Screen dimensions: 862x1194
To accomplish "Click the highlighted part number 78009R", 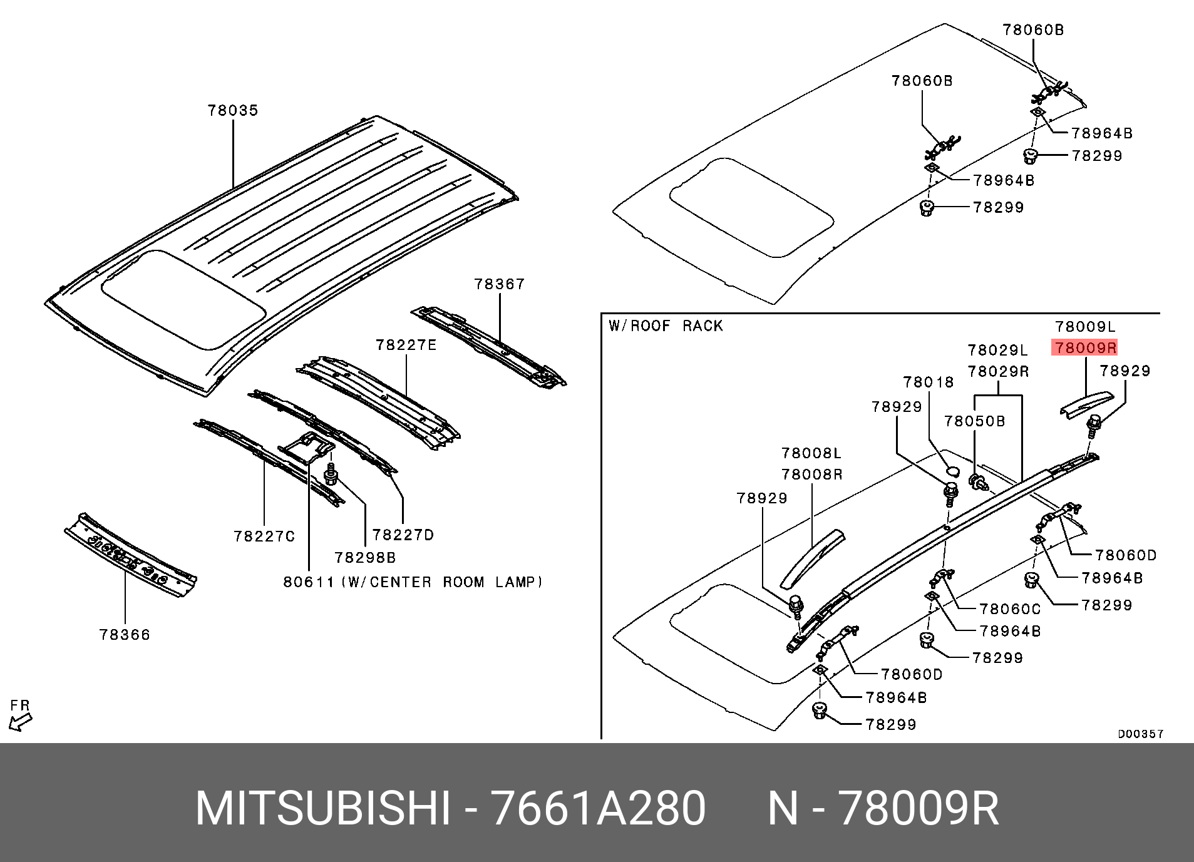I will (x=1085, y=348).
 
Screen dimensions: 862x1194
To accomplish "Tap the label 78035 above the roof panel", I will (x=233, y=111).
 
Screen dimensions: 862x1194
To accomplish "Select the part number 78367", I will (x=499, y=284).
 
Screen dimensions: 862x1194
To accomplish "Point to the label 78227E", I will (x=406, y=346).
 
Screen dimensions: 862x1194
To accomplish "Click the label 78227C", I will (x=264, y=536).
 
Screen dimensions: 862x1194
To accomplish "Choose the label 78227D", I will (x=403, y=535).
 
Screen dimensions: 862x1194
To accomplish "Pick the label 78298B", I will (x=365, y=558).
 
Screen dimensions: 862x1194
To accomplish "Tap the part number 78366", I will (x=125, y=635).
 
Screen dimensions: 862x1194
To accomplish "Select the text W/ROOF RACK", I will (x=666, y=326).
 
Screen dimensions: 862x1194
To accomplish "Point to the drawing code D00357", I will (x=1140, y=734).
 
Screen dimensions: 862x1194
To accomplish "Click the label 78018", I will (x=928, y=382).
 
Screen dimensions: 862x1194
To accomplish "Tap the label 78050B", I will (x=974, y=421).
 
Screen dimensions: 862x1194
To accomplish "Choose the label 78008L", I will (x=811, y=453).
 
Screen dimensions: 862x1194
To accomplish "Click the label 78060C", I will (x=1010, y=609).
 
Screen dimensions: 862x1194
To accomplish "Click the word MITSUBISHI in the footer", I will (x=322, y=809).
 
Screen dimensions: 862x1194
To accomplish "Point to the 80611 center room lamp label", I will (x=413, y=582).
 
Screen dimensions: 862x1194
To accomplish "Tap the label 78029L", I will (x=997, y=351).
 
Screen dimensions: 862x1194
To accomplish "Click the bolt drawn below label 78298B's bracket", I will (x=331, y=476).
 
